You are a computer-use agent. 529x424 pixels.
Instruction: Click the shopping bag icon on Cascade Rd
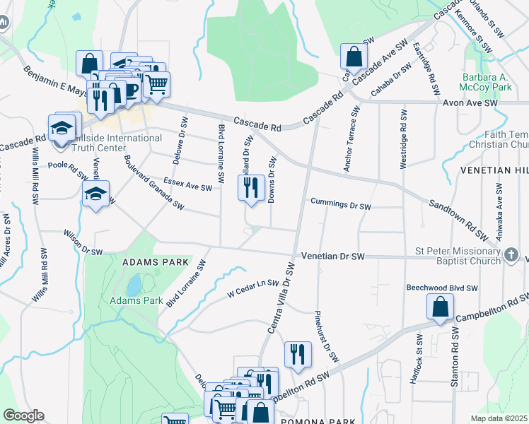tap(353, 56)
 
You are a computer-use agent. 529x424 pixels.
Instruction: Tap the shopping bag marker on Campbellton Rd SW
tap(439, 307)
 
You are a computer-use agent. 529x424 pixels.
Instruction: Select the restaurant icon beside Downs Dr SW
tap(250, 188)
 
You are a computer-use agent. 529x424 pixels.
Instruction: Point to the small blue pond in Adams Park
tap(133, 285)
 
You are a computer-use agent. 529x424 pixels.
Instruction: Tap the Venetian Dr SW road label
tap(332, 256)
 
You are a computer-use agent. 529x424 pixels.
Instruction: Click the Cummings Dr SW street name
tap(340, 206)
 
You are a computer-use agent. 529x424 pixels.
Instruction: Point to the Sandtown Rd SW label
tap(458, 218)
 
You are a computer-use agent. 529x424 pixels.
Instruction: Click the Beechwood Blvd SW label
tap(442, 288)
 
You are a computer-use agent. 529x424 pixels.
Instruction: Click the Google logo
tap(25, 415)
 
